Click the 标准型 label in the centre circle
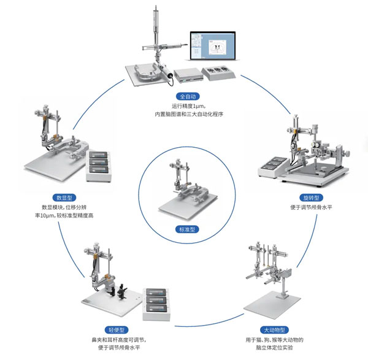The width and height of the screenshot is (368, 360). point(184,230)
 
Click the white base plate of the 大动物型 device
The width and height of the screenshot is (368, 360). point(273,302)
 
